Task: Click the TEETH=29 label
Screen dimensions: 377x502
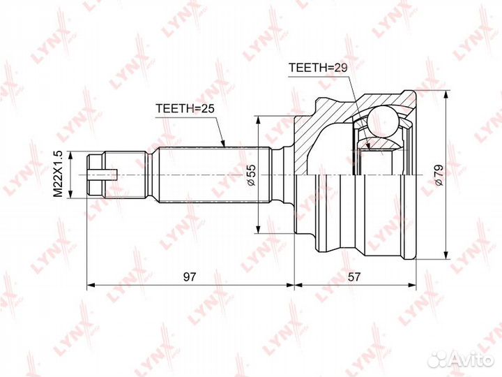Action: (318, 67)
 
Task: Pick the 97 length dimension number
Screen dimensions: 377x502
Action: (189, 276)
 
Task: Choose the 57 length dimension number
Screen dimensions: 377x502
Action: (355, 276)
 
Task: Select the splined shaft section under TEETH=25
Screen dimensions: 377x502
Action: (209, 174)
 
